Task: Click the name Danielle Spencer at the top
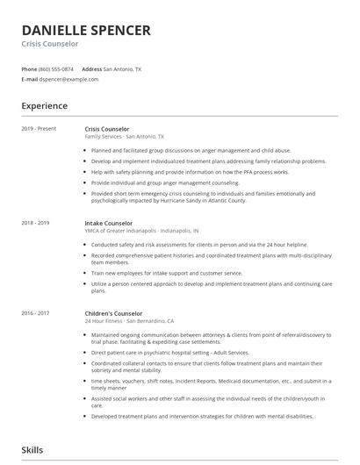click(86, 30)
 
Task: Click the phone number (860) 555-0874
click(56, 68)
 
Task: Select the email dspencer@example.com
click(68, 79)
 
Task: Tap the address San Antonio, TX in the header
click(122, 68)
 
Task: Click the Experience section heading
click(45, 106)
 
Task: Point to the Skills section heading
click(32, 450)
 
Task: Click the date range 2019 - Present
click(39, 129)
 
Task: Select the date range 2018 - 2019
click(36, 223)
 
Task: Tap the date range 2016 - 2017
click(36, 313)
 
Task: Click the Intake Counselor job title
click(109, 223)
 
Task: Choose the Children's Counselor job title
click(113, 313)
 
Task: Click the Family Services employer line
click(124, 137)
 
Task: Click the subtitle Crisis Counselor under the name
click(50, 44)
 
